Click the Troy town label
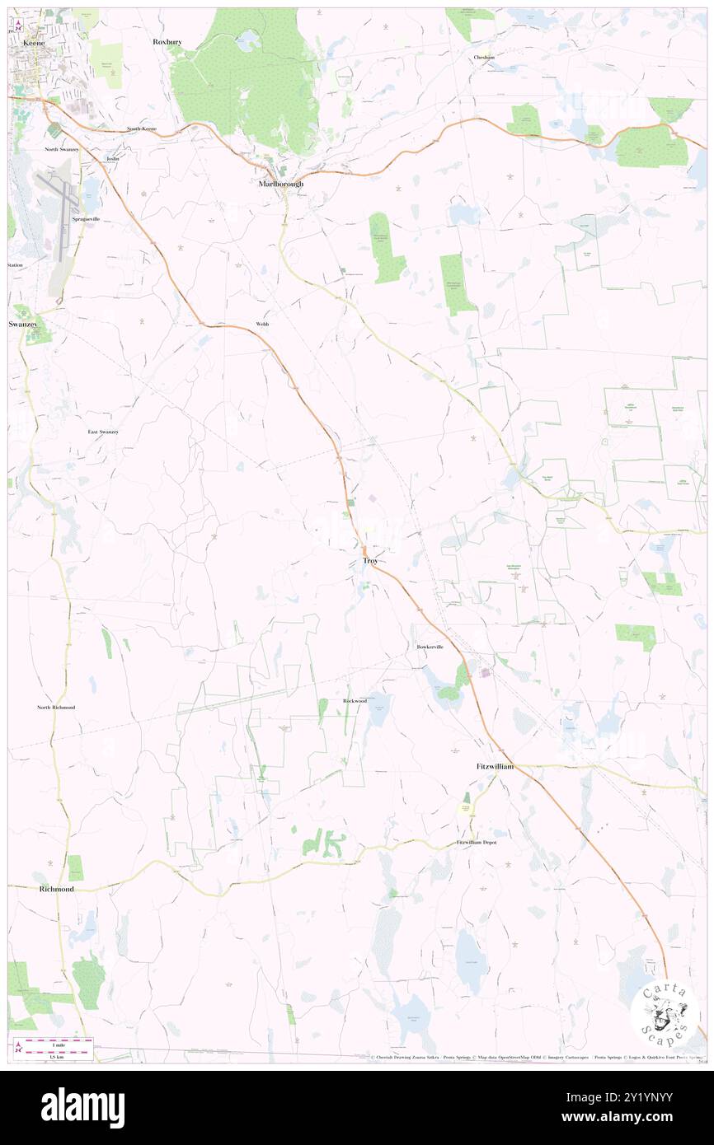370,561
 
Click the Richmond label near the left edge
56,890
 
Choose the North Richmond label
56,708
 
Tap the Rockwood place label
355,700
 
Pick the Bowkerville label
430,647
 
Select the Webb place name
262,325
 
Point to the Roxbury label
167,40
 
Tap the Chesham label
484,58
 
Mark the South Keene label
141,129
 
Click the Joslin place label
113,157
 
